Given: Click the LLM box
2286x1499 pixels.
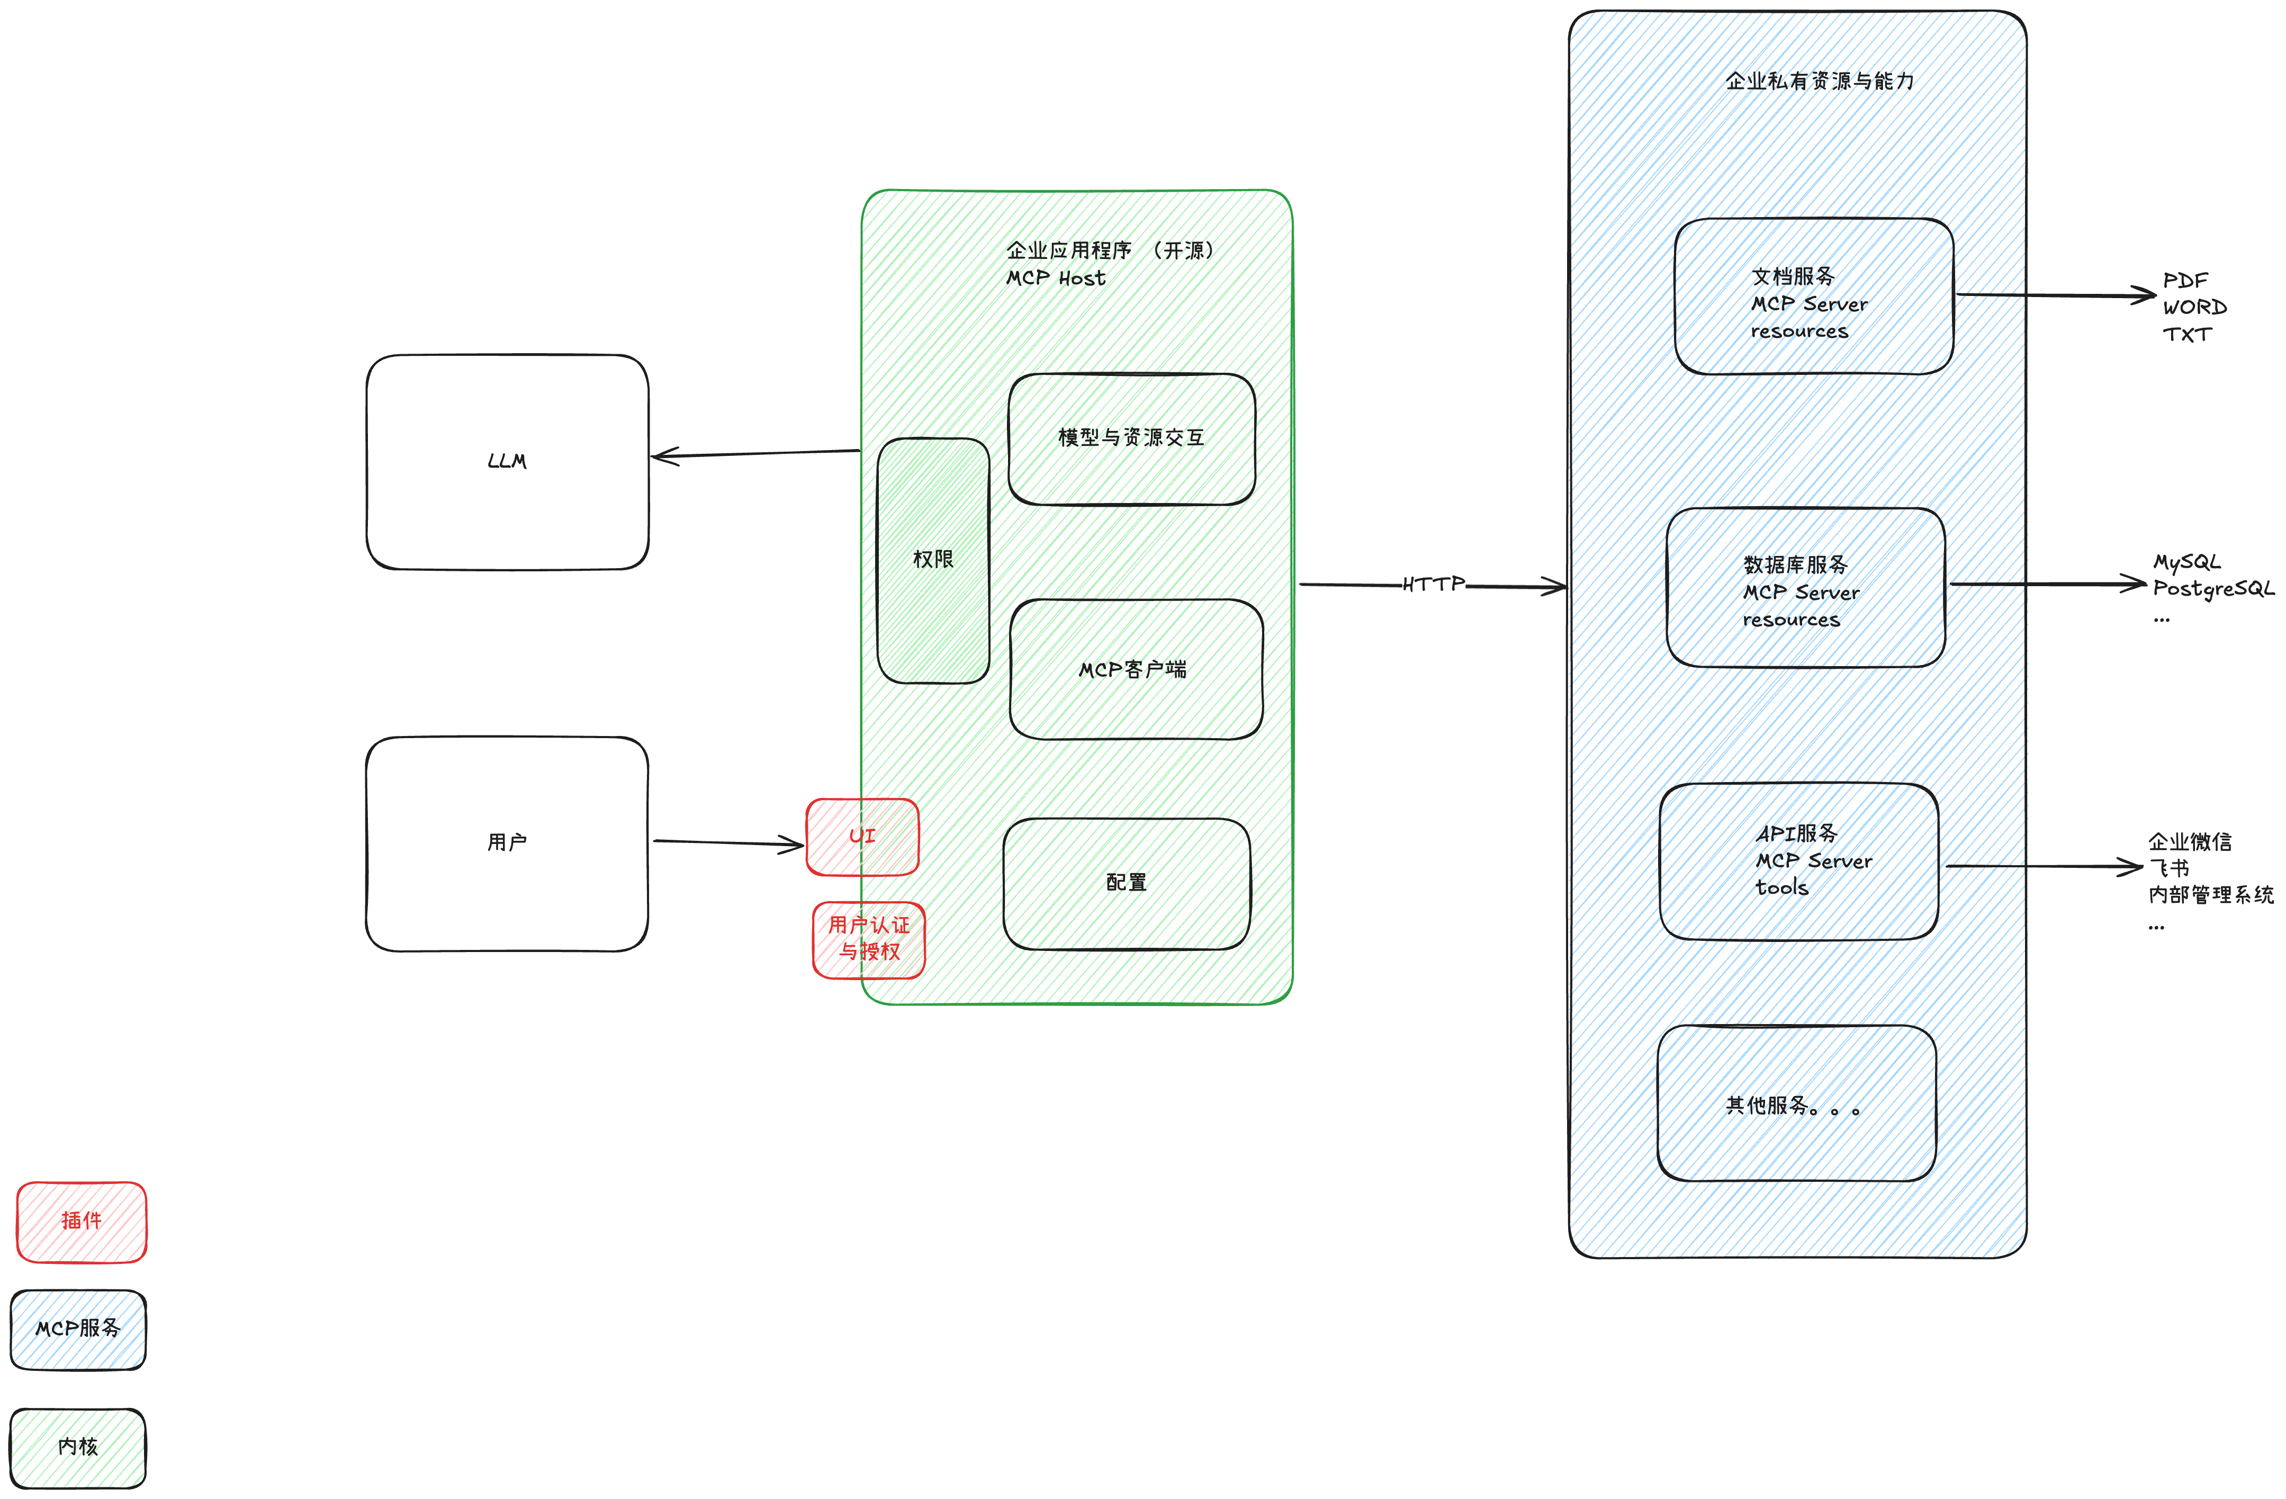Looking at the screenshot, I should coord(507,462).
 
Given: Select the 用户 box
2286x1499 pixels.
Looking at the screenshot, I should coord(507,843).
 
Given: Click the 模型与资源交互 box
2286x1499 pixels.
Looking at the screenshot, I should coord(1131,439).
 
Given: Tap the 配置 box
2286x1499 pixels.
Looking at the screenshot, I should coord(1127,883).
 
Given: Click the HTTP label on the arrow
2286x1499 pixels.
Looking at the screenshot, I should coord(1433,584).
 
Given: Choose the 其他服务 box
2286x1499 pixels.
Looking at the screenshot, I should coord(1796,1104).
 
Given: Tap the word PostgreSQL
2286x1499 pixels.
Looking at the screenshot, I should coord(2213,588).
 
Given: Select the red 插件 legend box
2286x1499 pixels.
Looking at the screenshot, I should coord(82,1222).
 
